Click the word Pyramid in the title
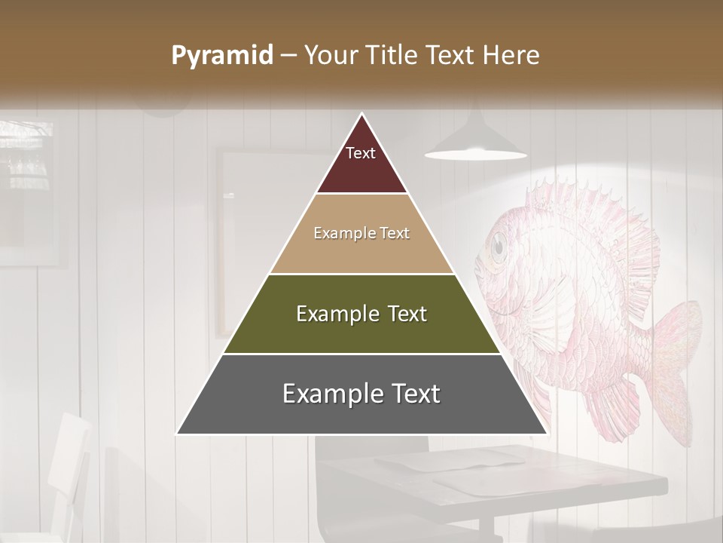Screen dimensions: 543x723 tap(222, 56)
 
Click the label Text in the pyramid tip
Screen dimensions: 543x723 tap(361, 153)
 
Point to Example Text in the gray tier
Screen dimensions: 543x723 tap(361, 394)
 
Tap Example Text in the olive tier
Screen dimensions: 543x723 tap(361, 314)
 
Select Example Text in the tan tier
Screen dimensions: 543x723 tap(361, 233)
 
